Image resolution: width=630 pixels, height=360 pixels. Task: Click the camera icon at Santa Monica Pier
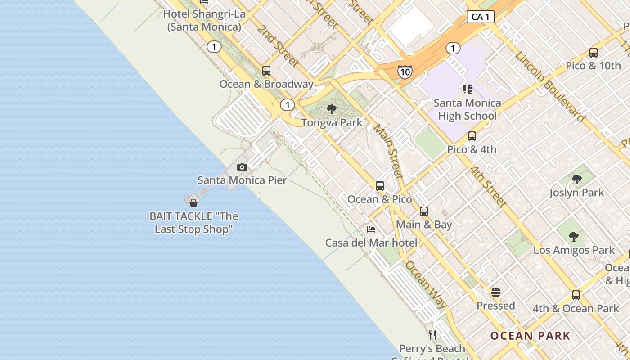(242, 167)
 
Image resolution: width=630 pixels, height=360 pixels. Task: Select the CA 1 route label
(481, 17)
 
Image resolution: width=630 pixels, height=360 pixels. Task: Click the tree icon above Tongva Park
(332, 109)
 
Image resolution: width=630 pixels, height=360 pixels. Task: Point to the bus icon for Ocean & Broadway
(266, 71)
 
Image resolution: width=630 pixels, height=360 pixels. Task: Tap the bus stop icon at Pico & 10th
(594, 53)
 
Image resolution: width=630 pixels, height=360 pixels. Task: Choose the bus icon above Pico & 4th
(472, 136)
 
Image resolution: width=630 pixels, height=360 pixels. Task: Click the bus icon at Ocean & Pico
(380, 185)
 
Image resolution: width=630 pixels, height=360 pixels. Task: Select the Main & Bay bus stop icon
(424, 211)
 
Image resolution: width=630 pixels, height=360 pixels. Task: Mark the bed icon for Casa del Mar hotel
(371, 229)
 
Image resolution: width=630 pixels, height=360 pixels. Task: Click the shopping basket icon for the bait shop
(193, 203)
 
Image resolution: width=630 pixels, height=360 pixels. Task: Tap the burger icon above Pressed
(496, 292)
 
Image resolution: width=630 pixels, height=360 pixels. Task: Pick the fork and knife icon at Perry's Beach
(432, 335)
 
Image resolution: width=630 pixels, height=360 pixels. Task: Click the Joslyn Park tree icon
(576, 180)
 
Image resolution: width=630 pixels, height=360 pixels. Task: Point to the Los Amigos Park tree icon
(573, 237)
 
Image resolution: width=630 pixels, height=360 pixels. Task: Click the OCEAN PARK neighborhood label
(530, 336)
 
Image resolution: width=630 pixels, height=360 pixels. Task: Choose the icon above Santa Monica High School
(467, 90)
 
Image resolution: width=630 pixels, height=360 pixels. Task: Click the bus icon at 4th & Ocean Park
(576, 295)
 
